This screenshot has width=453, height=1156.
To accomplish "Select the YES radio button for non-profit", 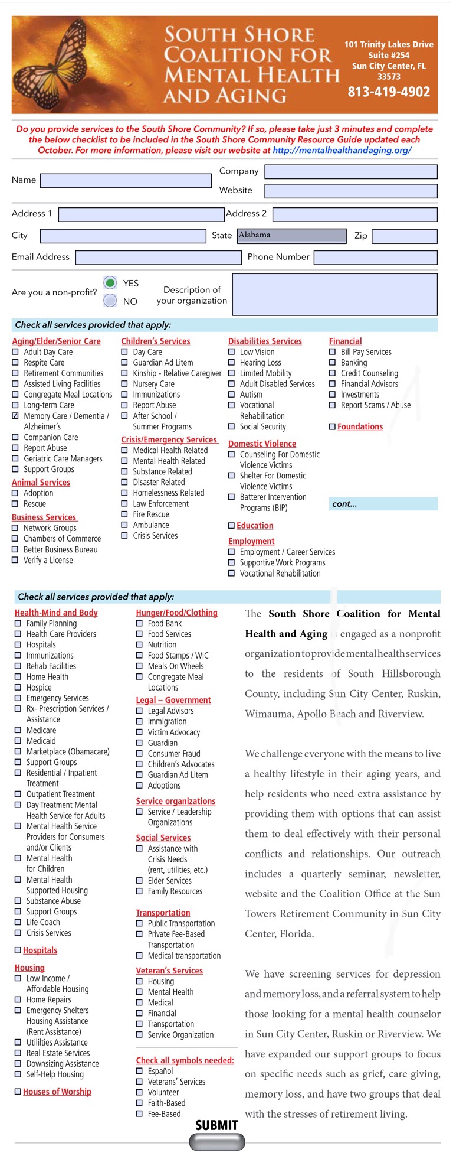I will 110,283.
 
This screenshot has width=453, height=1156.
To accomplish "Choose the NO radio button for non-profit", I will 110,301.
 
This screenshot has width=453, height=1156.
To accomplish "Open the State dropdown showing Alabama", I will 292,236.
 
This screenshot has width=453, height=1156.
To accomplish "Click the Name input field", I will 126,180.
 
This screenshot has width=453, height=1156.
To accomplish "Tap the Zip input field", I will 405,236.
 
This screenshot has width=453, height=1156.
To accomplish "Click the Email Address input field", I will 159,258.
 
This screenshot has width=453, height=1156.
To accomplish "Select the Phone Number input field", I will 376,258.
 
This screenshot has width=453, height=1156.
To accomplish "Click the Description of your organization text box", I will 335,295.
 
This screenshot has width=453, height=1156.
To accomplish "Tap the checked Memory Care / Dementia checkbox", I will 15,416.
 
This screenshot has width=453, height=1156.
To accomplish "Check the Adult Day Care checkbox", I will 15,352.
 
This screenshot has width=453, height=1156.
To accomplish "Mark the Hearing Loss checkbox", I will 232,363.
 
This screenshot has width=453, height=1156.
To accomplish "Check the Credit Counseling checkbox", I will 333,373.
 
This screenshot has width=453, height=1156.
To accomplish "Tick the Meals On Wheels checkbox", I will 140,666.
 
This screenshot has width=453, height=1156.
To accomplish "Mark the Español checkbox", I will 140,1071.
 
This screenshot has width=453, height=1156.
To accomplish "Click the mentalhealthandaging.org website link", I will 342,150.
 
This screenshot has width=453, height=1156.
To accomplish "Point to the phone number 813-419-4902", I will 389,92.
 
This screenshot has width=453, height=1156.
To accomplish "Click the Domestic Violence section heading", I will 262,444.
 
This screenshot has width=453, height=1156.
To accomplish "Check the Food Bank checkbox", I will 140,623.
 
